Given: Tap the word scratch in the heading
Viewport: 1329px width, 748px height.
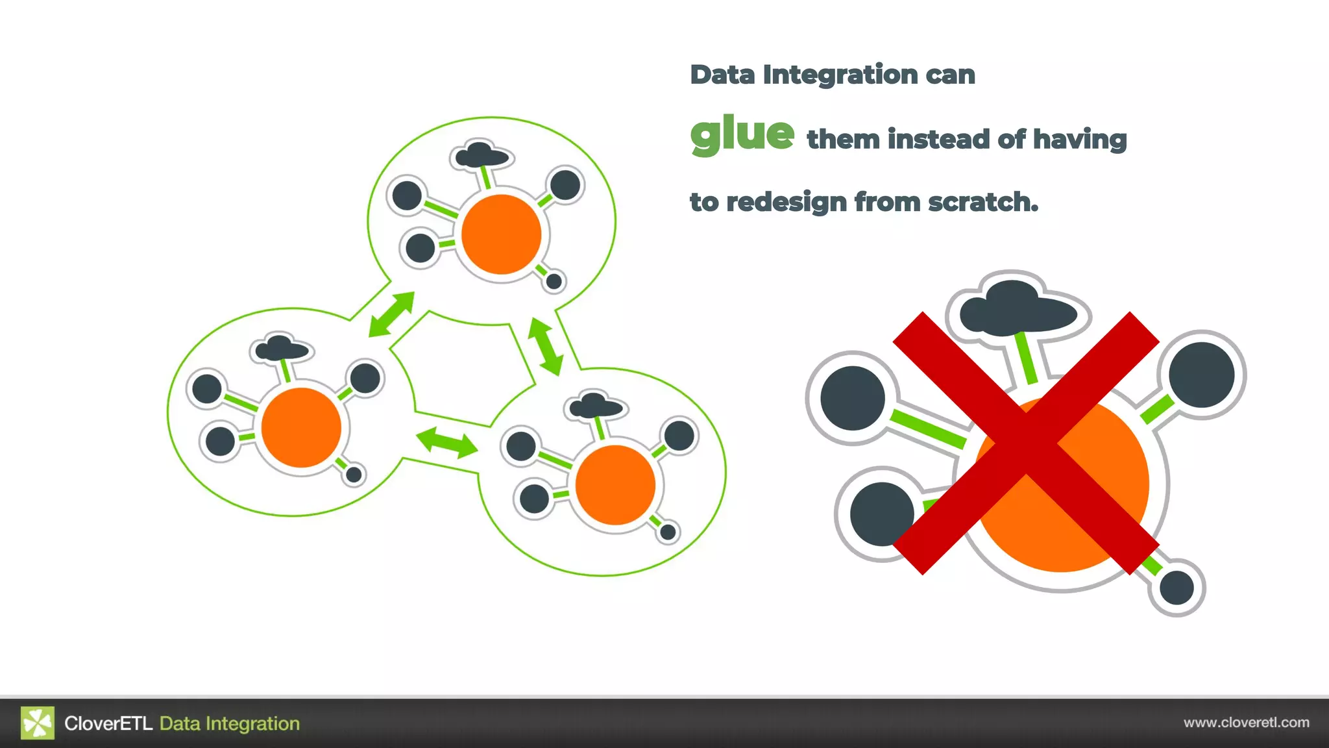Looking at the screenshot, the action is click(982, 202).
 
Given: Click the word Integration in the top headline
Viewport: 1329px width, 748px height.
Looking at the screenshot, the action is click(840, 75).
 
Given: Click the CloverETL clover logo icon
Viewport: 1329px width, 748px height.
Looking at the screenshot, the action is click(38, 723).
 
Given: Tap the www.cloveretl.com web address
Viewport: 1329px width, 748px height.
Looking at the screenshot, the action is click(1246, 723).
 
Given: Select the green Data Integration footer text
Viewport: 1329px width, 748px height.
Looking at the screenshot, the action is click(230, 723).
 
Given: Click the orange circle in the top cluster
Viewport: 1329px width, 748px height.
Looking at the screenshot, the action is click(501, 234).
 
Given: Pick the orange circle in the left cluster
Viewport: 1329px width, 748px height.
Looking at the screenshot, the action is click(301, 427).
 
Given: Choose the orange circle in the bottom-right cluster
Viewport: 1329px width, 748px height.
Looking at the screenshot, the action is click(615, 484).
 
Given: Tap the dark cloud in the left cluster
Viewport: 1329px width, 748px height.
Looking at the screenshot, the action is click(281, 349).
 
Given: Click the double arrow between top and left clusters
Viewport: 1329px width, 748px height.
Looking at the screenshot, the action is click(391, 314).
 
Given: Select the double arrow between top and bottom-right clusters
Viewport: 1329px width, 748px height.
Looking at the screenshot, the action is click(545, 346).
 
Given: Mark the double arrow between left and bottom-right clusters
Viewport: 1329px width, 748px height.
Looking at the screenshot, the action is click(447, 442).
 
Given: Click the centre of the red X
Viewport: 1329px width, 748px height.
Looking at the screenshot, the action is click(1026, 443).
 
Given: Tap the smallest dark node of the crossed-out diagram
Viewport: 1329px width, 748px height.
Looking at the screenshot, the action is click(1177, 588).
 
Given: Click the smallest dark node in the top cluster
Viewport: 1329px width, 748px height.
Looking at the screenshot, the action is click(554, 281).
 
